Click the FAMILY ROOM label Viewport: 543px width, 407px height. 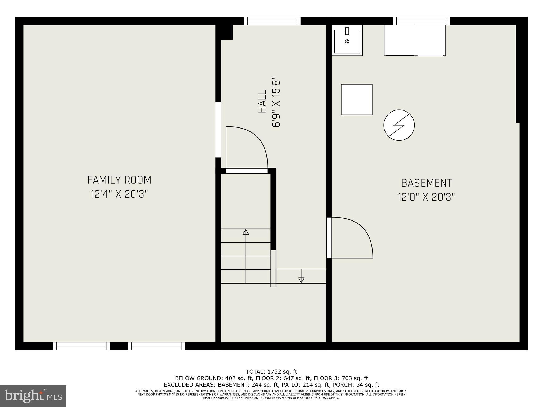[119, 180]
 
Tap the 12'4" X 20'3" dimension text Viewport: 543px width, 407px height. [119, 194]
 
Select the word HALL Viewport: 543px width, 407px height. [262, 101]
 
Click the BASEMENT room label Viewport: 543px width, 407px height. [426, 183]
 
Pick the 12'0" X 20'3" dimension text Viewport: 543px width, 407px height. [426, 197]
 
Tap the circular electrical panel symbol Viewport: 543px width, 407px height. [399, 125]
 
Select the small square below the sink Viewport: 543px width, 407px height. [357, 100]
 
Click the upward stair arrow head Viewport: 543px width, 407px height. [246, 232]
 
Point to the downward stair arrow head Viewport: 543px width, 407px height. [301, 280]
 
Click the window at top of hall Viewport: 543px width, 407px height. [272, 21]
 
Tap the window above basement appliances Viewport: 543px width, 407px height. [421, 21]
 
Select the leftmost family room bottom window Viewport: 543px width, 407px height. [81, 346]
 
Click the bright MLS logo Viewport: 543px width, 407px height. [33, 396]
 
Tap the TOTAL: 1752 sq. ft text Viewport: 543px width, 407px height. [271, 372]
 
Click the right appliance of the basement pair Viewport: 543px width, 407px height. [430, 40]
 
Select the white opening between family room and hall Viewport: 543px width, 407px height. [218, 130]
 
